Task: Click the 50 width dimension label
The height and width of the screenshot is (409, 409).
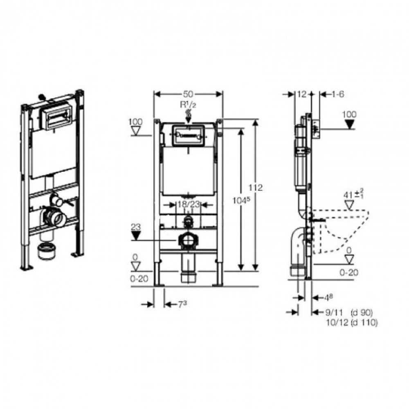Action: pyautogui.click(x=188, y=94)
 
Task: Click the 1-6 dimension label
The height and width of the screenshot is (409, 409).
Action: pyautogui.click(x=337, y=94)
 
